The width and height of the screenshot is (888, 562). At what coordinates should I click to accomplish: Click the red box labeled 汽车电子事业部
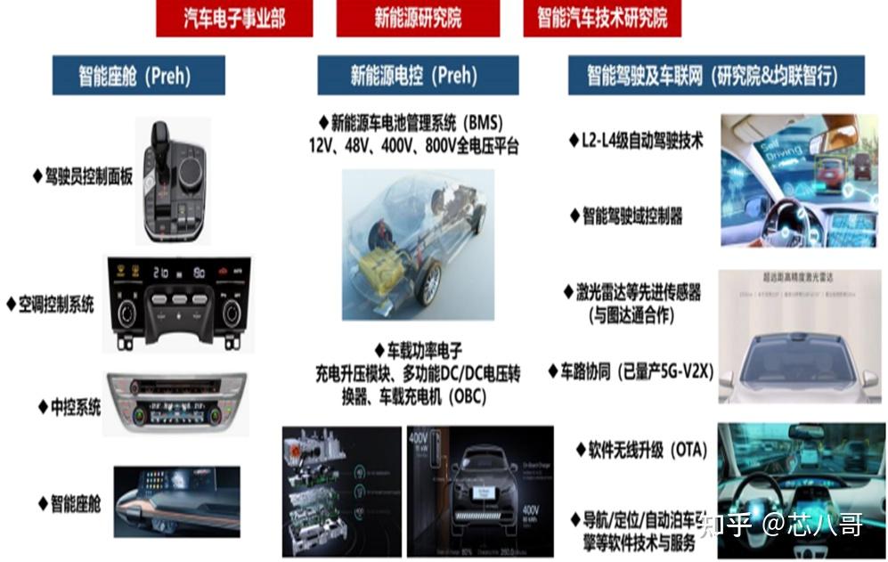click(234, 19)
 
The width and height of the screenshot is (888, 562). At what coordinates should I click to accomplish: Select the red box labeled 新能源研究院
click(418, 19)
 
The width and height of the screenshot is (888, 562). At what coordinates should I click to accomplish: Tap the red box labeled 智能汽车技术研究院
click(602, 19)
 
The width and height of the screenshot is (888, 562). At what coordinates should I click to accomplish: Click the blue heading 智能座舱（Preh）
click(138, 76)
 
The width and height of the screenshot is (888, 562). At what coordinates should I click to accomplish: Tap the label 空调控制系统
click(55, 305)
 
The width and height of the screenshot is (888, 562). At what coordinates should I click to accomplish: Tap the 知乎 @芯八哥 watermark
click(782, 525)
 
